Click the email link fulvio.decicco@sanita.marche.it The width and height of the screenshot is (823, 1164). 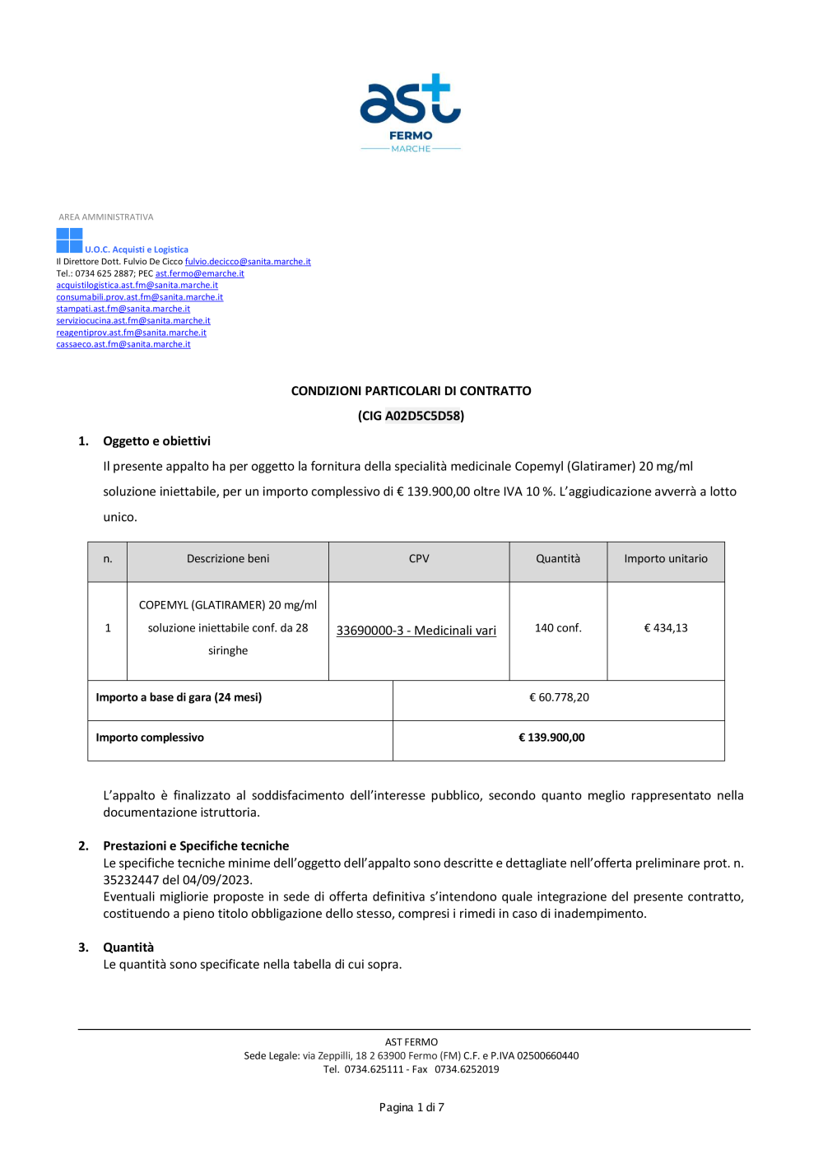[248, 262]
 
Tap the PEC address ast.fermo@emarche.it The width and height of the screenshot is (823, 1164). [200, 273]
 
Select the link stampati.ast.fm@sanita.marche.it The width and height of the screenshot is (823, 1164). [123, 309]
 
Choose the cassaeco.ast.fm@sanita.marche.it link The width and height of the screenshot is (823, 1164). [123, 344]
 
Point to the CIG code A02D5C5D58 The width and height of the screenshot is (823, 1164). [423, 416]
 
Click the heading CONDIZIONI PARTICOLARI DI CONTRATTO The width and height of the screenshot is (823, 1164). [411, 391]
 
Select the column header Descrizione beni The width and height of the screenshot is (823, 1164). [228, 559]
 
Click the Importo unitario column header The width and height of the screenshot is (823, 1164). [666, 559]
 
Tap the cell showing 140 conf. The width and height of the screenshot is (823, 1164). [558, 628]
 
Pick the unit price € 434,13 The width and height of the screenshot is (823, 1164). [666, 628]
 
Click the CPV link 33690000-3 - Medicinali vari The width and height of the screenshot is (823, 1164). [416, 631]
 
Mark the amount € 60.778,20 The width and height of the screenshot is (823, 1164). [559, 697]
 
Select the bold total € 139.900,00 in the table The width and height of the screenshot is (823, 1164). [551, 738]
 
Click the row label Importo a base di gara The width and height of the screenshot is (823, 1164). [179, 697]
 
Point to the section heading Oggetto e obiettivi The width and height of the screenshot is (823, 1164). [156, 441]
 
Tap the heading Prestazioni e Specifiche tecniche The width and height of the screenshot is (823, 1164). [196, 845]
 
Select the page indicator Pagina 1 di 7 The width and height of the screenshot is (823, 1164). [411, 1107]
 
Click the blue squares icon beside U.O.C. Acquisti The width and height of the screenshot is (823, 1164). [69, 240]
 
